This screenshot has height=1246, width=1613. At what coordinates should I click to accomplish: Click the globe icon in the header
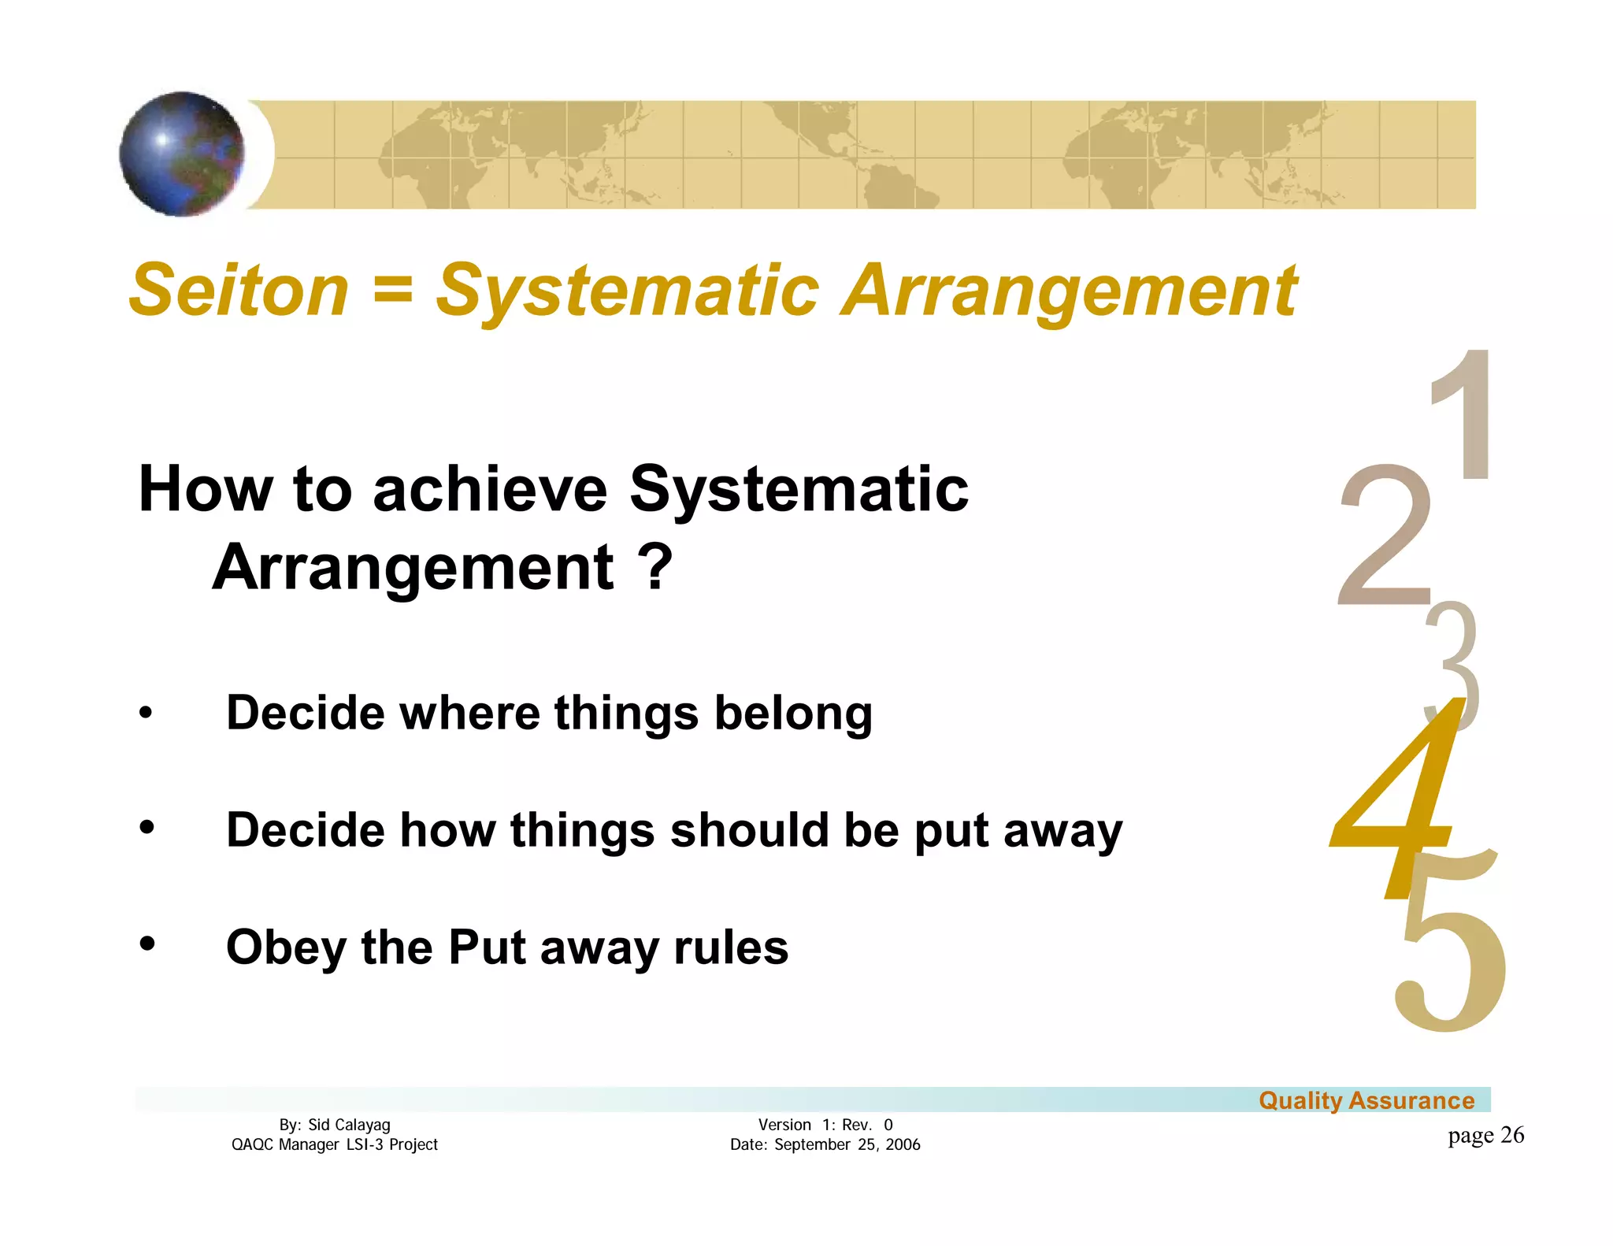coord(182,154)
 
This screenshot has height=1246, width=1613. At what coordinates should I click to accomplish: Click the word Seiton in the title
coord(239,290)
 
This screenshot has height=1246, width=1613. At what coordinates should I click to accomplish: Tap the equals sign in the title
coord(392,288)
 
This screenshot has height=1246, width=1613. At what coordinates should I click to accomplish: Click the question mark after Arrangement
coord(655,567)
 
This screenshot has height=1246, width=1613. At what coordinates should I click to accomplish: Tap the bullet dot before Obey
coord(146,943)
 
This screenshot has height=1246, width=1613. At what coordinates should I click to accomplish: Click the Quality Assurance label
coord(1366,1100)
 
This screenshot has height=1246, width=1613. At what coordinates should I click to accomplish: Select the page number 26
coord(1512,1135)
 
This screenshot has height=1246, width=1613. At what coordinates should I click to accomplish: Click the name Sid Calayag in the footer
coord(349,1125)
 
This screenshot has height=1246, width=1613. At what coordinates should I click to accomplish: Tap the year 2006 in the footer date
coord(903,1144)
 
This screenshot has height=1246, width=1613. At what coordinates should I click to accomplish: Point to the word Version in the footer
coord(784,1125)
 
